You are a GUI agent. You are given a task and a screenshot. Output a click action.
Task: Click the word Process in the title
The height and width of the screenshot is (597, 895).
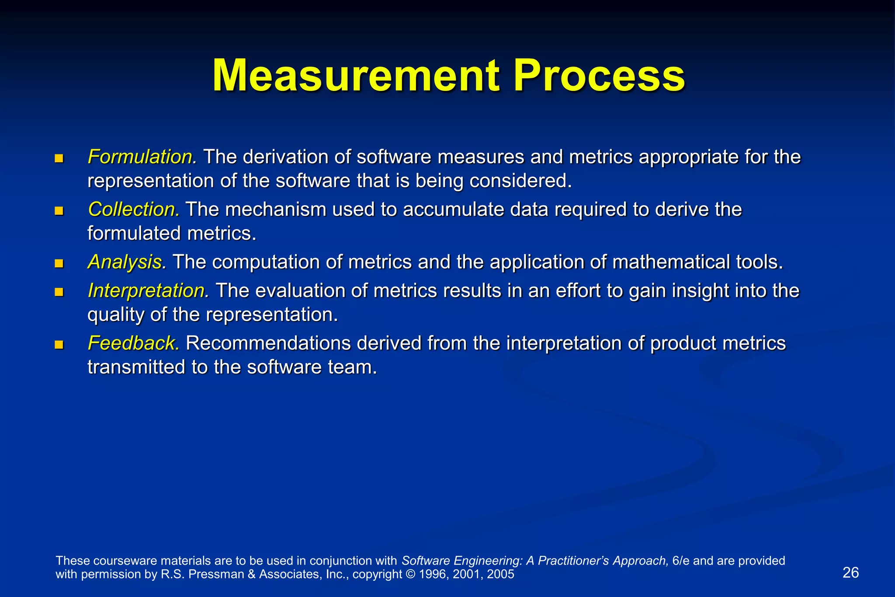tap(599, 76)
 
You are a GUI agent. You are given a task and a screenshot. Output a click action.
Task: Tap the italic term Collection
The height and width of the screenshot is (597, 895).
tap(133, 209)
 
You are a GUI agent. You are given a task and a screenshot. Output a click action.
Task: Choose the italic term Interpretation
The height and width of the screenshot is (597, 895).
tap(147, 291)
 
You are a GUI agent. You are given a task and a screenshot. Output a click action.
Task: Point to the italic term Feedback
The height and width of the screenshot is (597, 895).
tap(132, 343)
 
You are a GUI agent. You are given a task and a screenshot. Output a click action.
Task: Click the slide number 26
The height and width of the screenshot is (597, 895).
tap(850, 573)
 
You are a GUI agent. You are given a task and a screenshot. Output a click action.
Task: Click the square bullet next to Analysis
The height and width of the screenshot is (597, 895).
tap(59, 263)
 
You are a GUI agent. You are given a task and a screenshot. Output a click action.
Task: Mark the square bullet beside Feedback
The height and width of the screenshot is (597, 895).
tap(59, 345)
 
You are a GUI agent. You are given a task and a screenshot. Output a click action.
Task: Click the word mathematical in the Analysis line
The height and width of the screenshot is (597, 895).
tap(671, 262)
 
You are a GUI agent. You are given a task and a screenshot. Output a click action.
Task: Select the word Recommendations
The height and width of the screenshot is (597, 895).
tap(268, 343)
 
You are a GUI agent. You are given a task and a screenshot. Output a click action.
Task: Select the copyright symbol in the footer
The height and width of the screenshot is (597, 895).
tap(411, 574)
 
